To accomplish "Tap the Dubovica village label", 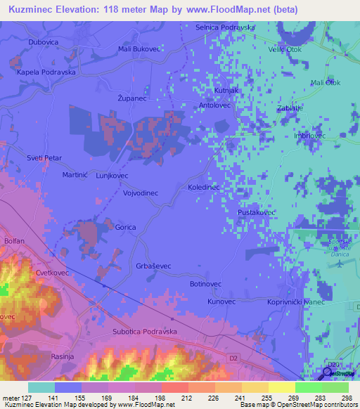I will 43,42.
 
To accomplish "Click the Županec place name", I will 131,100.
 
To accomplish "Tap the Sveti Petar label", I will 44,159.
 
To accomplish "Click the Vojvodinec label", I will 141,193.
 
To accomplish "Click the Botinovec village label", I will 206,284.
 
